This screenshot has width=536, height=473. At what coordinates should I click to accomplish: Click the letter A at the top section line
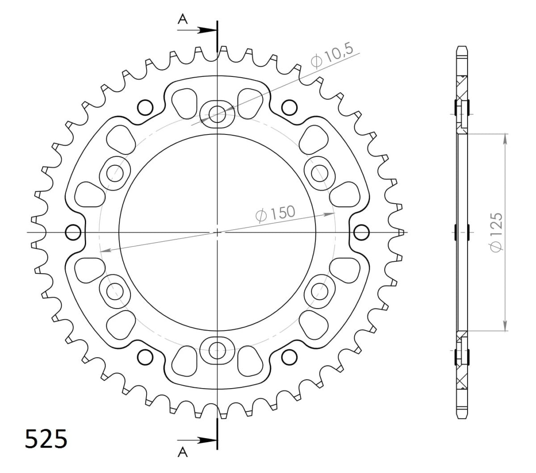coord(182,18)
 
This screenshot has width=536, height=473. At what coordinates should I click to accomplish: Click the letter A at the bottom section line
coord(182,453)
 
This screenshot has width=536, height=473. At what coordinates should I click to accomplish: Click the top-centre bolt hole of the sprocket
coord(218,114)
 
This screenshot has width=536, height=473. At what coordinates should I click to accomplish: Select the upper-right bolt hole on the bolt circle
coord(319,173)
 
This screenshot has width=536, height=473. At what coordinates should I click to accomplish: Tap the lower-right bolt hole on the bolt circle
coord(319,291)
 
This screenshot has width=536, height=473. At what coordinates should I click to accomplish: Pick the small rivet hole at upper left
coord(144,107)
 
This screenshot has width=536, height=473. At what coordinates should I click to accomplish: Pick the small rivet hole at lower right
coord(290,357)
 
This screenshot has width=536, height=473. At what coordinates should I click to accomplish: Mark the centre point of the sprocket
coord(218,232)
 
